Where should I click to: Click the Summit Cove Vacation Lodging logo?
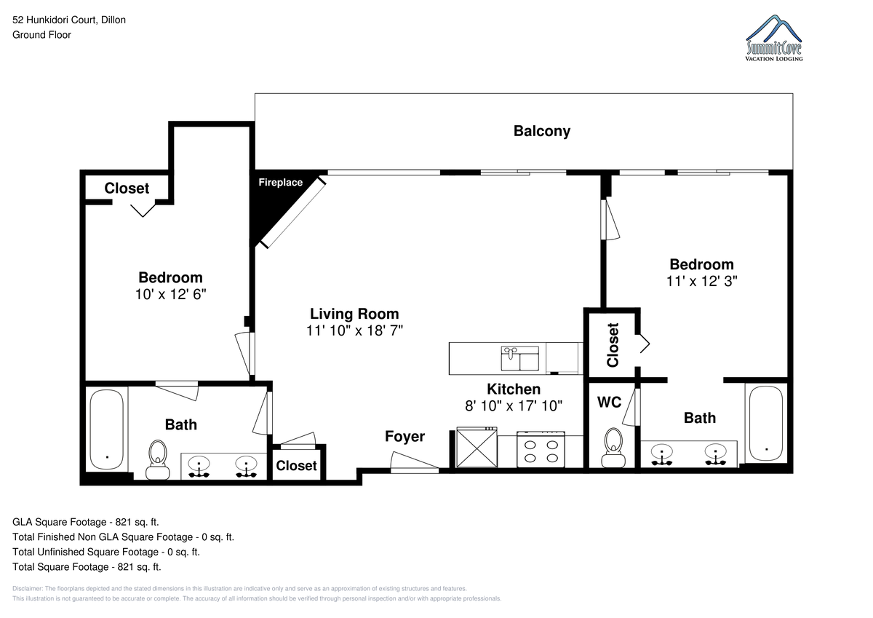774,38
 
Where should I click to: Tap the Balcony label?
542,131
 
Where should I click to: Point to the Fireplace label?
280,182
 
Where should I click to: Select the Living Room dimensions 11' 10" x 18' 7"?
354,330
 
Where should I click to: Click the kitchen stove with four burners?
541,450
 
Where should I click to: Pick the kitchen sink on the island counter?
520,358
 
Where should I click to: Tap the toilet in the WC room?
613,448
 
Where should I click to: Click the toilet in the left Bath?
157,460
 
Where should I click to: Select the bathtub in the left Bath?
107,429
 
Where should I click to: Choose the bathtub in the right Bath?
766,424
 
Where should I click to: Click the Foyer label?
404,437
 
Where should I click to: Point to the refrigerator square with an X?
477,448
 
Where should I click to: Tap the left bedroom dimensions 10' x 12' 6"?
171,294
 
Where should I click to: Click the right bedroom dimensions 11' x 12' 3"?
701,281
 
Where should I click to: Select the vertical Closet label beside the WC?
613,345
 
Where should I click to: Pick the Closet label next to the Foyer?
296,466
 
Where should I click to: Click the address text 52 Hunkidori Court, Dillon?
69,20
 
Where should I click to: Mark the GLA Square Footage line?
86,522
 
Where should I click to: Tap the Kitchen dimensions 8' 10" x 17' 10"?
514,406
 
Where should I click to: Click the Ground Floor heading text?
41,35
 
